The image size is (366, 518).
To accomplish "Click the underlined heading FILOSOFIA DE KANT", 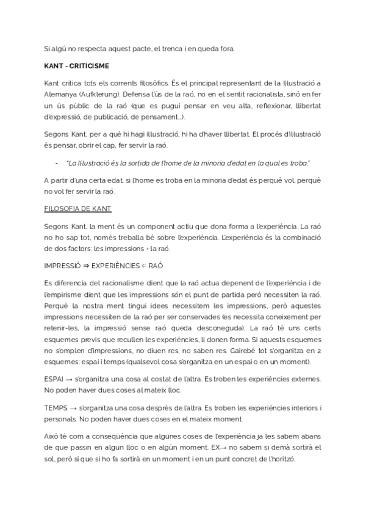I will coord(77,209).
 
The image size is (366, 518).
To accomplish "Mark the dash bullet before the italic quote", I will coord(57,162).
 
